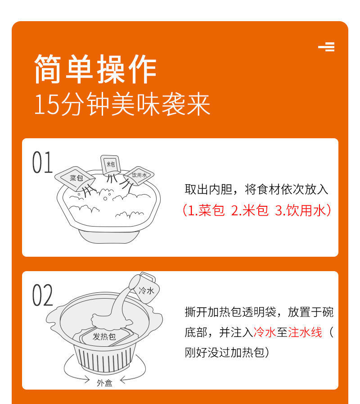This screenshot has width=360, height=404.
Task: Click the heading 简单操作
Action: pos(95,69)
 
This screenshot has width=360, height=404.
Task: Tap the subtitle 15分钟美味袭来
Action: pos(122,104)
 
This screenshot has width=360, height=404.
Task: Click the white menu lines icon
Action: pos(327,47)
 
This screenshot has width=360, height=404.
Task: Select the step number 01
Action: pos(42,162)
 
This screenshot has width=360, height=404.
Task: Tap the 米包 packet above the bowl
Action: pos(110,165)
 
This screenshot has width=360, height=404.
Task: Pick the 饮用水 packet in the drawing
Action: pos(139,176)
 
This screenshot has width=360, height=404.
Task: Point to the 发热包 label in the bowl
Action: pos(104,336)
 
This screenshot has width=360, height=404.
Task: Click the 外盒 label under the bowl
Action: pos(104,383)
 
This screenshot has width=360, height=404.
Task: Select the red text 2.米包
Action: pos(250,210)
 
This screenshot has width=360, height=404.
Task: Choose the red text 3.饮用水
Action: pos(300,210)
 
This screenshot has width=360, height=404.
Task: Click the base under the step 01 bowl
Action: pos(109,236)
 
